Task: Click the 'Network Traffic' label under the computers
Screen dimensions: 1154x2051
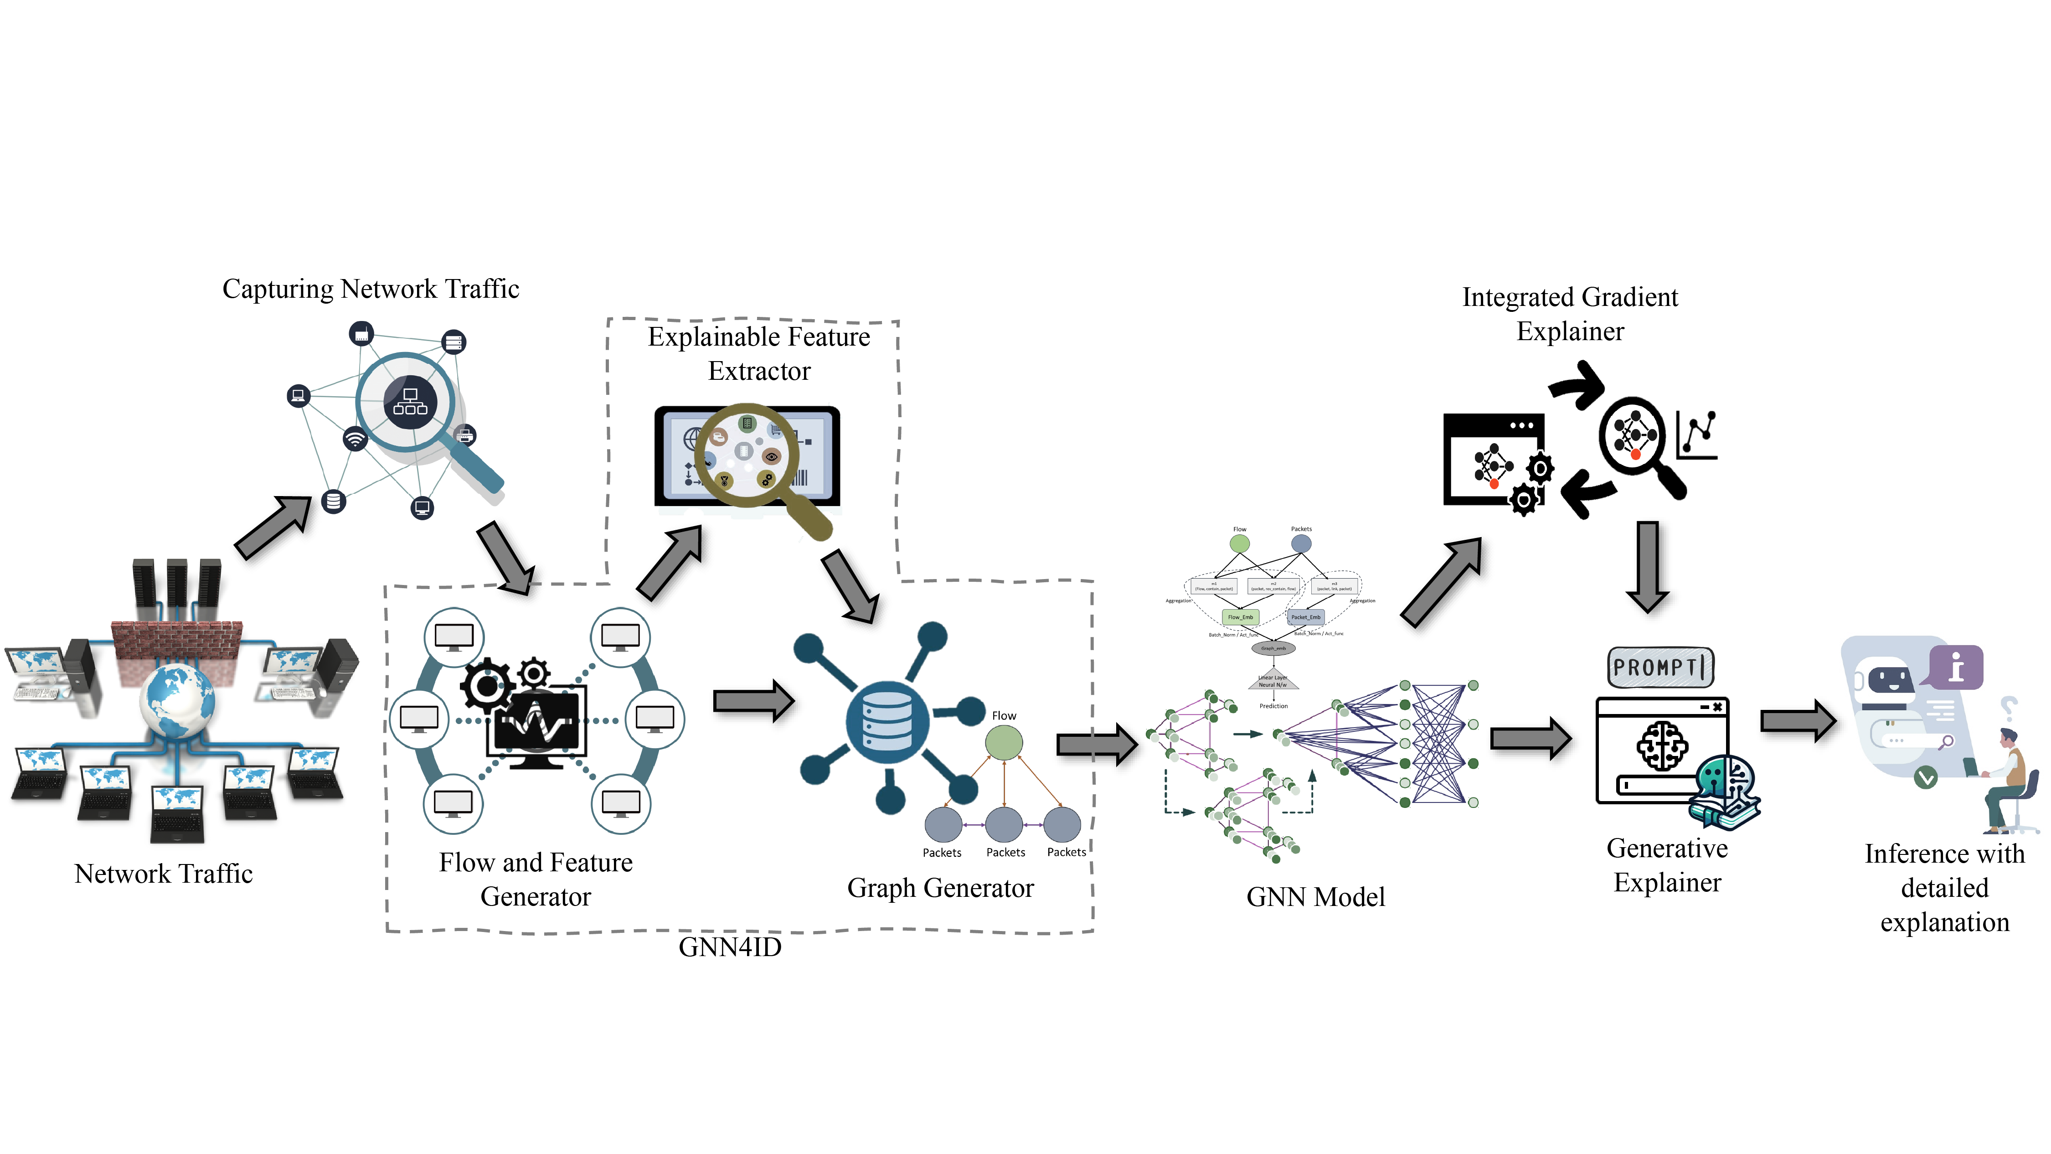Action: click(163, 874)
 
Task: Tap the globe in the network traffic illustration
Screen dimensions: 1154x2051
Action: click(177, 699)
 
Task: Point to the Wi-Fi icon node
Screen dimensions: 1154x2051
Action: click(355, 439)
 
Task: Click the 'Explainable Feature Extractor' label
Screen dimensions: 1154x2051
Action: click(759, 354)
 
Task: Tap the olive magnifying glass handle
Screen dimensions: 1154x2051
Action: click(810, 517)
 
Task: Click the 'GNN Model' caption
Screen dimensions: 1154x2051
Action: click(1315, 897)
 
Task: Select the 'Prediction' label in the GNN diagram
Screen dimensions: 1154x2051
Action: click(1273, 706)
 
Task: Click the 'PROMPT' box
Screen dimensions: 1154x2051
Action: click(1660, 667)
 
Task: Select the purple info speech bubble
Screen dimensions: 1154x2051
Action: click(1955, 667)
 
